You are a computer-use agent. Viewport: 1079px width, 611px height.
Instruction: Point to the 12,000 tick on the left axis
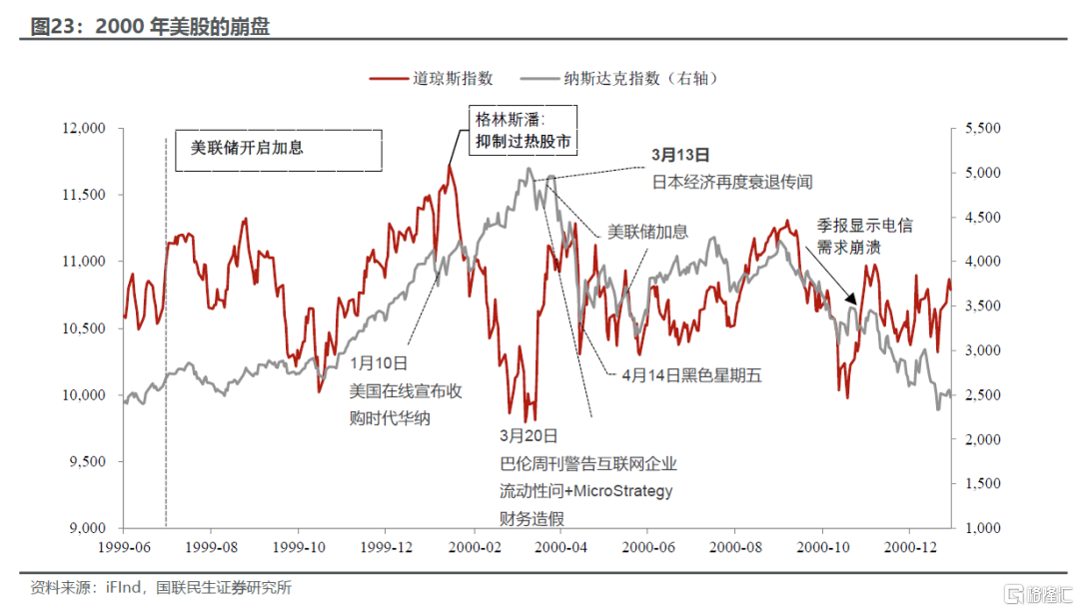pyautogui.click(x=84, y=129)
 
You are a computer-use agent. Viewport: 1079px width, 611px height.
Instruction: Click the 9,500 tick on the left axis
pyautogui.click(x=87, y=462)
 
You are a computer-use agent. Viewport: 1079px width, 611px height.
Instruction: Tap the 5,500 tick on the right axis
pyautogui.click(x=984, y=129)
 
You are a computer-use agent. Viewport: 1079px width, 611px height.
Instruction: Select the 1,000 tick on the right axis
pyautogui.click(x=984, y=528)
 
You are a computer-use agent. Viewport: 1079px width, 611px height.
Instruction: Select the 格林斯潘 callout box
pyautogui.click(x=525, y=131)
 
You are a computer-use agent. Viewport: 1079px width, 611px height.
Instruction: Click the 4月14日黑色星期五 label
pyautogui.click(x=691, y=375)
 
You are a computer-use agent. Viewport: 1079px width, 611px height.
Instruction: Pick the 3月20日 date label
pyautogui.click(x=528, y=436)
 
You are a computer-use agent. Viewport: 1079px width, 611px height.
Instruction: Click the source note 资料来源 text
pyautogui.click(x=161, y=588)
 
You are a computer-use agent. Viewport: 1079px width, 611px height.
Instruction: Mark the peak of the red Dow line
pyautogui.click(x=450, y=166)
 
